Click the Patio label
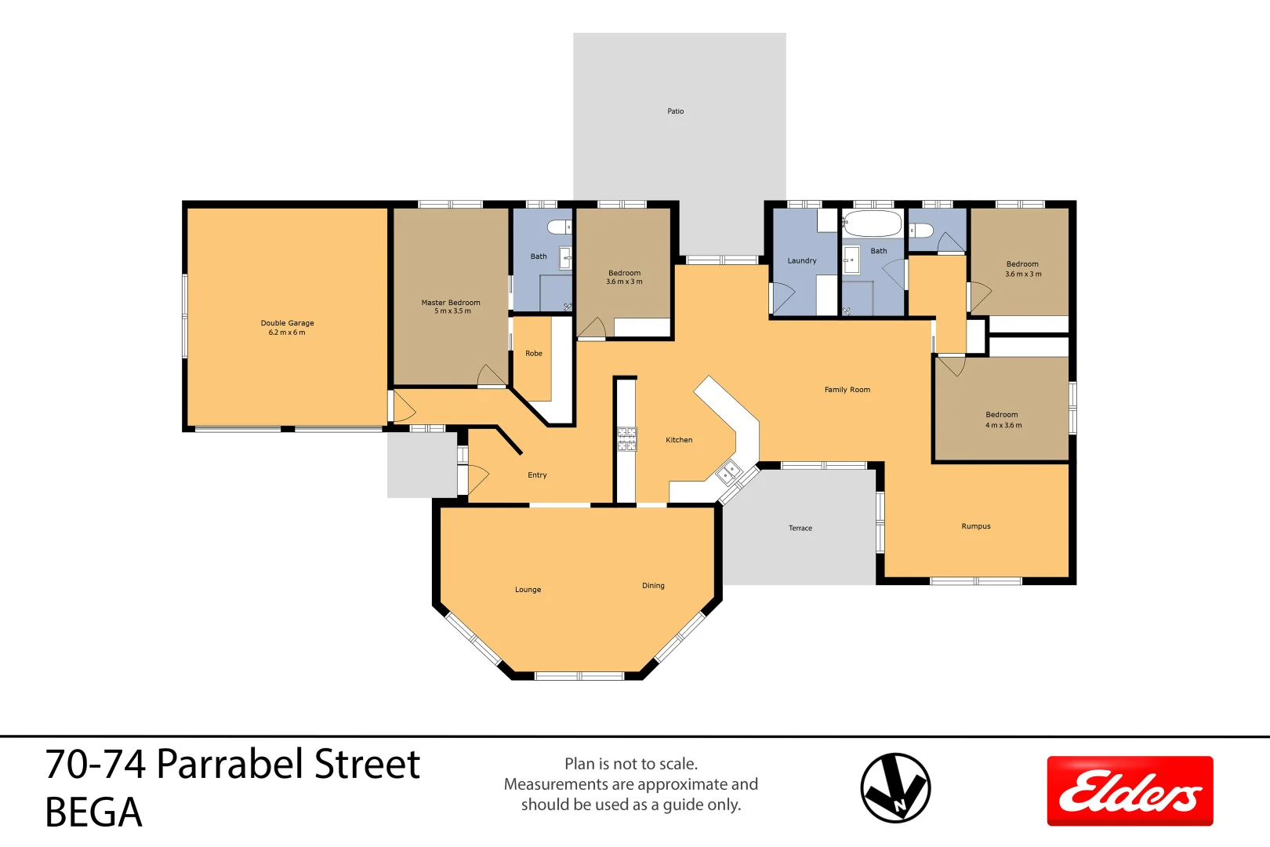(x=675, y=111)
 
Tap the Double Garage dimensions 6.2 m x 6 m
(x=287, y=333)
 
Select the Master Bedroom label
(x=451, y=303)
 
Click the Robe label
(x=534, y=354)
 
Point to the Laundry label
(x=802, y=261)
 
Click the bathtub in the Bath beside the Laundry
(x=873, y=224)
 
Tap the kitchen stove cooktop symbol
(x=626, y=439)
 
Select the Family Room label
(x=847, y=390)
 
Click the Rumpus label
(x=976, y=526)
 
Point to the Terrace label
(x=800, y=529)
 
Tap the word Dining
(x=653, y=586)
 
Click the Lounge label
(x=528, y=590)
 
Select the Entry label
(x=537, y=475)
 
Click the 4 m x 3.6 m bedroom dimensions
(x=1003, y=426)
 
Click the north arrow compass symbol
(x=895, y=787)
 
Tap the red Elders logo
(x=1130, y=791)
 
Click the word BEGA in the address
(x=93, y=812)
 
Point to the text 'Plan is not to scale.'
(x=631, y=764)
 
